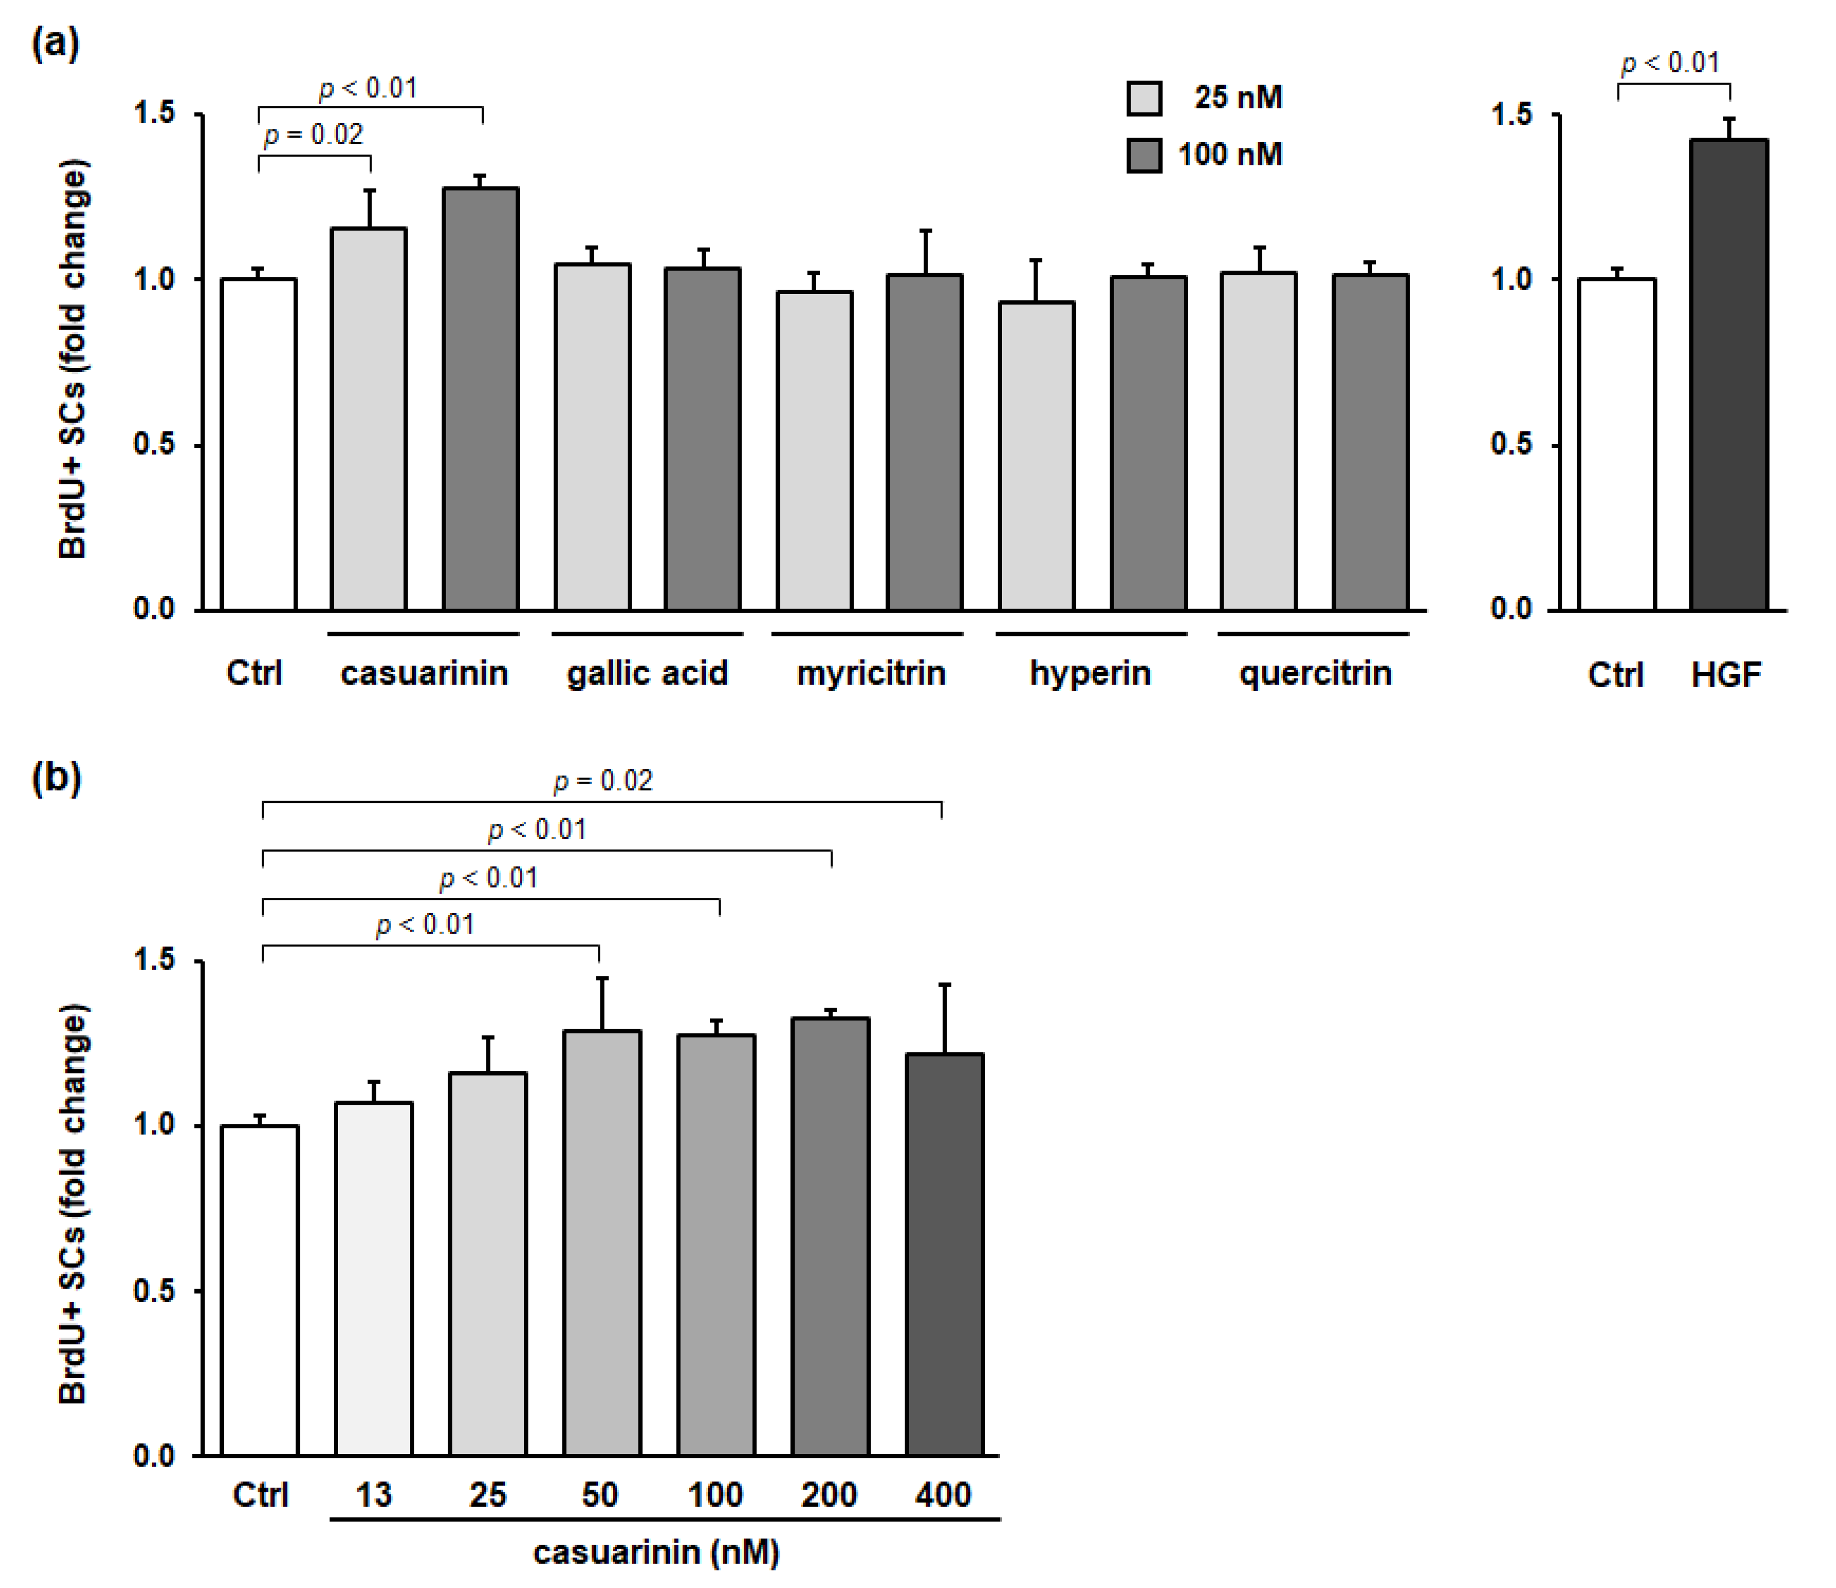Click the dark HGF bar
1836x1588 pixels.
click(x=1728, y=376)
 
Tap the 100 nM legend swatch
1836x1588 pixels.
click(x=1144, y=155)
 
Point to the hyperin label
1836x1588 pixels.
click(x=1090, y=674)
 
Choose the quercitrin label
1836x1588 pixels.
click(x=1315, y=674)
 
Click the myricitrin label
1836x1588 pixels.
click(x=871, y=674)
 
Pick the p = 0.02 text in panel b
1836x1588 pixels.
click(x=603, y=780)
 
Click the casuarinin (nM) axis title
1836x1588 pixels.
click(x=656, y=1552)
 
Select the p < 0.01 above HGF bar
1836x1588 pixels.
click(x=1670, y=63)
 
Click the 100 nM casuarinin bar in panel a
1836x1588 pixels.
click(x=481, y=399)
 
